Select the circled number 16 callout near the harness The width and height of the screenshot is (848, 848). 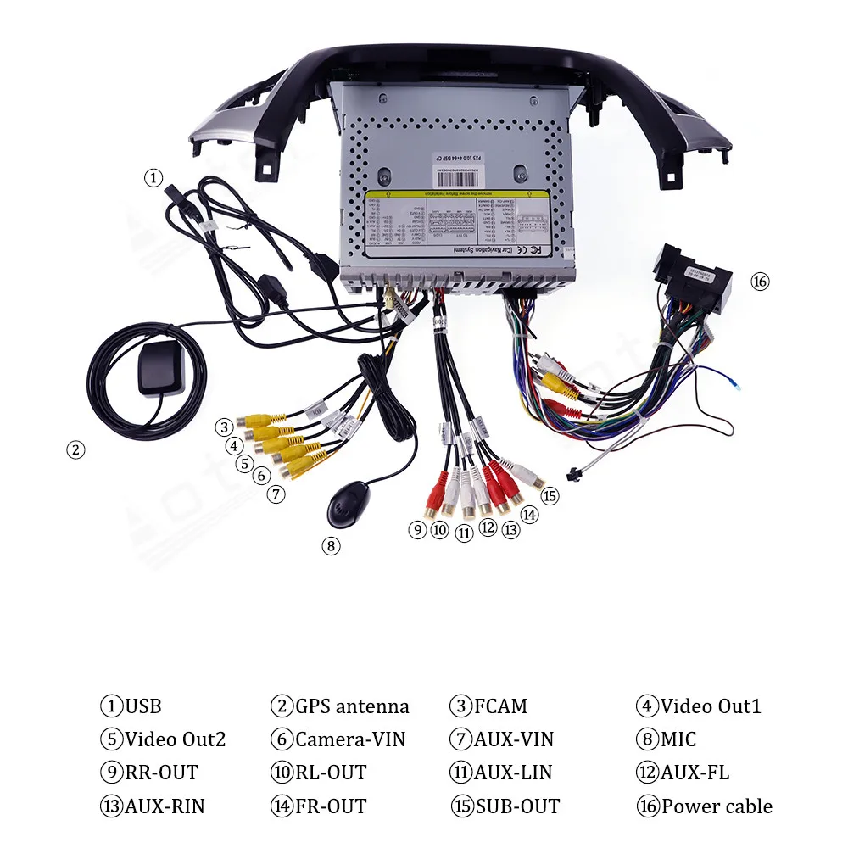(760, 282)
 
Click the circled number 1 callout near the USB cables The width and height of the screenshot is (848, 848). (153, 177)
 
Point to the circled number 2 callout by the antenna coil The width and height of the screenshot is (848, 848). (76, 450)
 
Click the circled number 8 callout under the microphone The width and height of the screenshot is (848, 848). (332, 546)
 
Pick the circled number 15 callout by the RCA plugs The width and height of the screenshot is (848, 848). (550, 496)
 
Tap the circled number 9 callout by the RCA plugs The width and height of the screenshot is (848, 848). (416, 530)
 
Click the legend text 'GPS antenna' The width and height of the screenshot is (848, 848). (352, 706)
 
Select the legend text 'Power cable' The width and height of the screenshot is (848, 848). (717, 806)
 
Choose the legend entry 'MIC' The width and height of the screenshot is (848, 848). (678, 739)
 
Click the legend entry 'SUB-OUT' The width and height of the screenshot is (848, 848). (517, 806)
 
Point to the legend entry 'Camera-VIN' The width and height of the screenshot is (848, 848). (350, 739)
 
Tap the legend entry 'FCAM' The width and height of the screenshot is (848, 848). (500, 706)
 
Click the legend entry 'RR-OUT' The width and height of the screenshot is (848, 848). (161, 773)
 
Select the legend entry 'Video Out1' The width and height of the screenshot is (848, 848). (711, 706)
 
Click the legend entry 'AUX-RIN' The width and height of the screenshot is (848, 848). (165, 806)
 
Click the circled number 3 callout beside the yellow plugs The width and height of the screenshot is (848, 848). (223, 427)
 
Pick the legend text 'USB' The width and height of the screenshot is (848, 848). (142, 706)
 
